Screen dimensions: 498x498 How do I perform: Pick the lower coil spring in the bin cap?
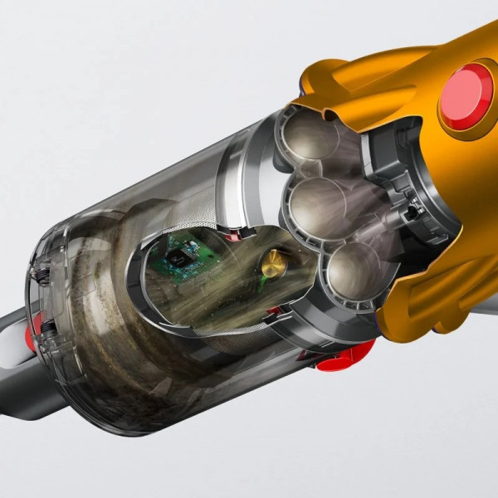tap(47, 327)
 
